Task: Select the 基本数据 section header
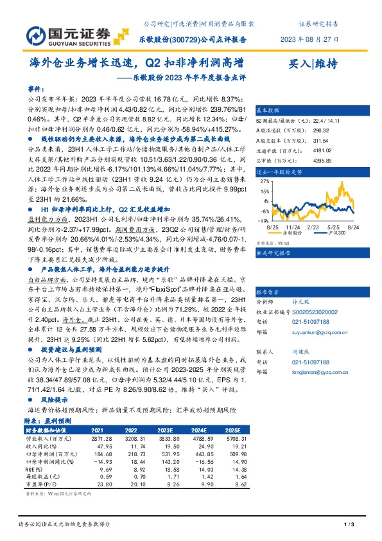[x=268, y=110]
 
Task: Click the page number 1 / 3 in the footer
[x=349, y=525]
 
